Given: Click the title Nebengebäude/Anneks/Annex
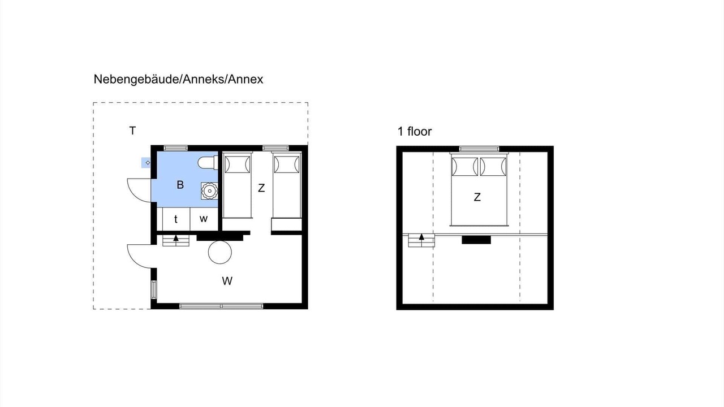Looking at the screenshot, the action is (178, 80).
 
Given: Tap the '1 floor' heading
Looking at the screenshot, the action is (415, 132).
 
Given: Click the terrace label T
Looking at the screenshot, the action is (132, 131).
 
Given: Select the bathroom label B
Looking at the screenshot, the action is (180, 185).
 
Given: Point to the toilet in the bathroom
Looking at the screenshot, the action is (208, 162).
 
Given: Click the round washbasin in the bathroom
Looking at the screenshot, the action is (209, 191).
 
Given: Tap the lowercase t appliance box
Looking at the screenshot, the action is (176, 219).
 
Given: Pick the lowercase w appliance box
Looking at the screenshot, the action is (204, 219).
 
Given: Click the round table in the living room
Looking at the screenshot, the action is (220, 252).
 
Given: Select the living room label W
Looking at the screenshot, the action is (227, 281).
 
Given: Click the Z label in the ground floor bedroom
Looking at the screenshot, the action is (261, 188).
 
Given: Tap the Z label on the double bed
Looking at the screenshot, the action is (477, 197).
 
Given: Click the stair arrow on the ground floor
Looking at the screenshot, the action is (176, 238).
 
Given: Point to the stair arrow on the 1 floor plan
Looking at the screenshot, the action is (421, 237).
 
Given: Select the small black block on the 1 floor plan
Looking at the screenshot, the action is (476, 240).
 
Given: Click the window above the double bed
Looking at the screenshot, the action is (479, 149).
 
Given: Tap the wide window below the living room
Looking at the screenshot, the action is (221, 306).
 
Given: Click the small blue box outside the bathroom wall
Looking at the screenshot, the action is (146, 162).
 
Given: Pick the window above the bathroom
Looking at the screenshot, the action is (175, 148).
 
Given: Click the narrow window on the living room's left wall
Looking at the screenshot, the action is (153, 290).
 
